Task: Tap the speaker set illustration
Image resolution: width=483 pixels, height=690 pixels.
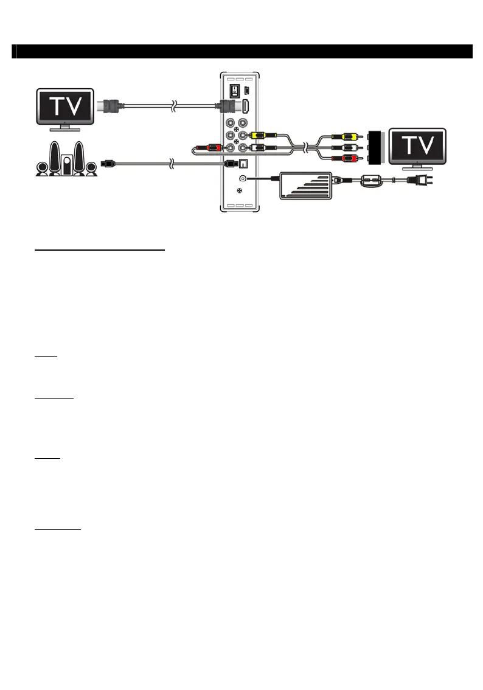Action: (x=66, y=160)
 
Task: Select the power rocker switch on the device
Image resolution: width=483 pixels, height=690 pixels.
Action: (x=232, y=89)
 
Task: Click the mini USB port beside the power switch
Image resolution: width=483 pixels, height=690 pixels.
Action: (x=246, y=90)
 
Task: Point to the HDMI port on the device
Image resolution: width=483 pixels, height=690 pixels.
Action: (x=245, y=106)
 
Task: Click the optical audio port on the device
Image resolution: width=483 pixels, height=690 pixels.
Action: (x=245, y=163)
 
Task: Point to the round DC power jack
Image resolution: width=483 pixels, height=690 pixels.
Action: (x=243, y=178)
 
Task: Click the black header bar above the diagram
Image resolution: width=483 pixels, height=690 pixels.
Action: (x=242, y=51)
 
